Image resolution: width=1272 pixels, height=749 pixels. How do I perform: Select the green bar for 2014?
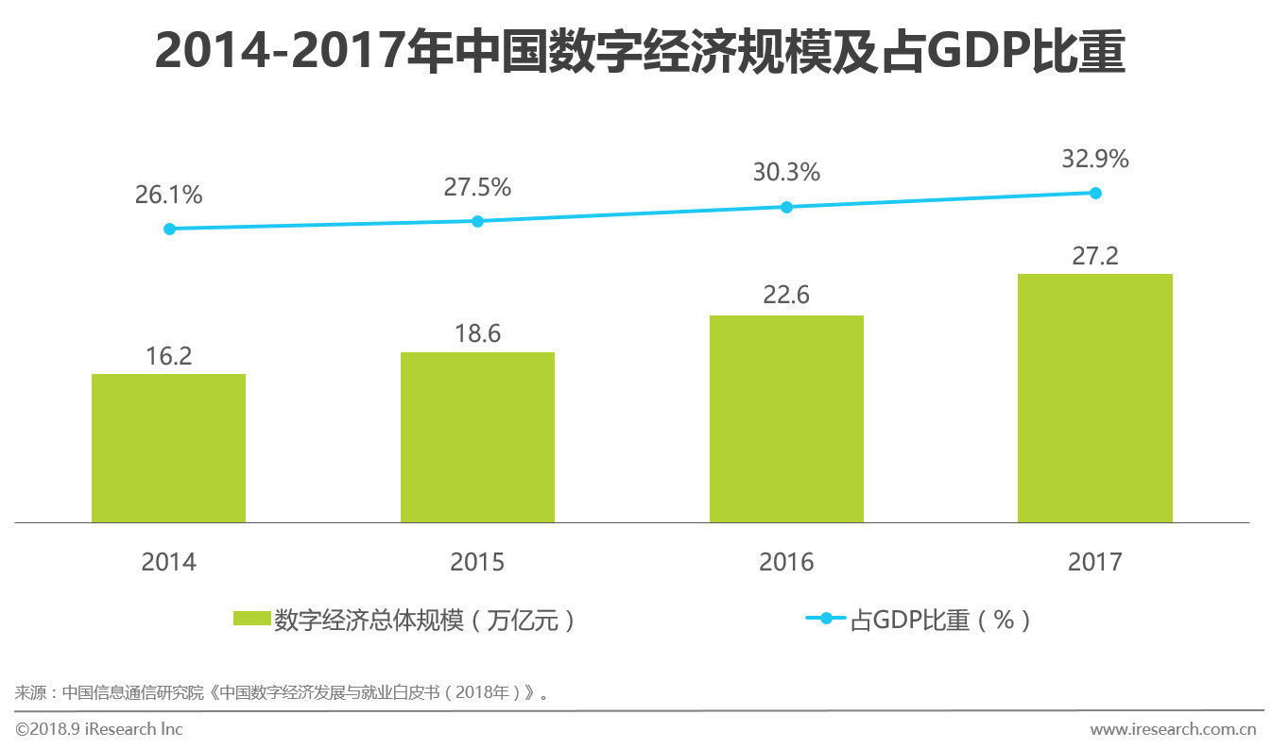pyautogui.click(x=168, y=449)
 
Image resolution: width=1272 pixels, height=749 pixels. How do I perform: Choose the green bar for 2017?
pyautogui.click(x=1094, y=398)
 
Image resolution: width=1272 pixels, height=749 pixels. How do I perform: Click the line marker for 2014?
pyautogui.click(x=169, y=229)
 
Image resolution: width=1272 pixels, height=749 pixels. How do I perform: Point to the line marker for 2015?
pyautogui.click(x=477, y=221)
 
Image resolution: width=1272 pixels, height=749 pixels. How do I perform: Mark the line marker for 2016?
pyautogui.click(x=786, y=207)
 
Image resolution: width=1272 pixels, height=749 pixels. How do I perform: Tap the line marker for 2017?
pyautogui.click(x=1095, y=193)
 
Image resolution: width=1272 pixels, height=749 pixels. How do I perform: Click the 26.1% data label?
pyautogui.click(x=168, y=196)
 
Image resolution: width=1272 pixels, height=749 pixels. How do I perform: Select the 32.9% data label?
pyautogui.click(x=1094, y=160)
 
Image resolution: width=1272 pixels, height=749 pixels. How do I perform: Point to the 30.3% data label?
pyautogui.click(x=786, y=173)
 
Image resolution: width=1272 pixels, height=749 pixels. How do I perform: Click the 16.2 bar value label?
pyautogui.click(x=168, y=356)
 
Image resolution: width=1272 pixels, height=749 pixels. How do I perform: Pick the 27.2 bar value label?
pyautogui.click(x=1094, y=256)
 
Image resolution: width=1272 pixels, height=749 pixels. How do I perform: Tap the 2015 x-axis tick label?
pyautogui.click(x=477, y=562)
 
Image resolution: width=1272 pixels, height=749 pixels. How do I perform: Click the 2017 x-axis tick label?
pyautogui.click(x=1094, y=562)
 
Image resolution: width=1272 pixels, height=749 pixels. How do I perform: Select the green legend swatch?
pyautogui.click(x=251, y=620)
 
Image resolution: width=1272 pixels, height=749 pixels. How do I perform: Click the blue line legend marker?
pyautogui.click(x=826, y=619)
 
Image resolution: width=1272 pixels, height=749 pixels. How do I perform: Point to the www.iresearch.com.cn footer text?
pyautogui.click(x=1172, y=729)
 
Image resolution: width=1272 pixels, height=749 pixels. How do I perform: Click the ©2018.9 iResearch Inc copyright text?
pyautogui.click(x=99, y=729)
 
